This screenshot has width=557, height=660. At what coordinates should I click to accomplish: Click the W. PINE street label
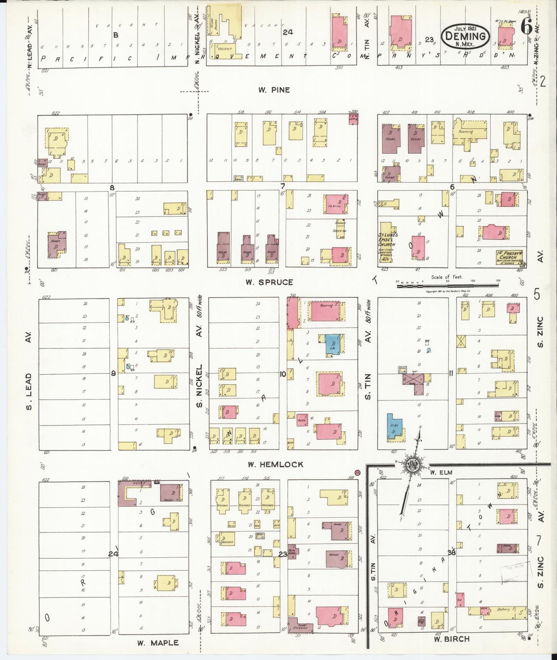[x=274, y=90]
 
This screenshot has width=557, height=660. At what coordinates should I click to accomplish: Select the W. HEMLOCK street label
[x=275, y=465]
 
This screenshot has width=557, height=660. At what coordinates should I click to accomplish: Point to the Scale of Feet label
[x=447, y=277]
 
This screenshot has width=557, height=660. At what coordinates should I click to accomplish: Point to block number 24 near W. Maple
[x=113, y=554]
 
